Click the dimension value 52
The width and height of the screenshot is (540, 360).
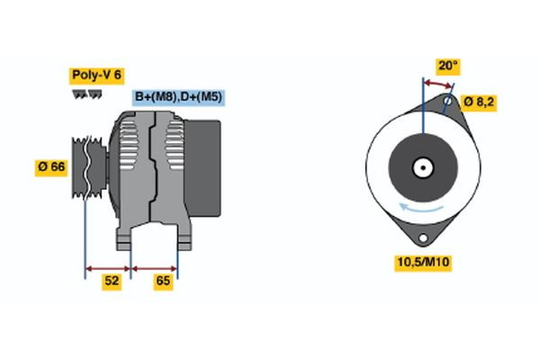[x=112, y=282]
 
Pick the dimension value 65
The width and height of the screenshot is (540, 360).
[x=163, y=282]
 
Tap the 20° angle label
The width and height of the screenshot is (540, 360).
[x=448, y=66]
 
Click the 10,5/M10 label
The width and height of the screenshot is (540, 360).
[x=422, y=263]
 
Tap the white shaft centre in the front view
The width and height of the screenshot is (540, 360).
[x=421, y=166]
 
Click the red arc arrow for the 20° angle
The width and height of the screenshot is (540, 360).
[x=437, y=84]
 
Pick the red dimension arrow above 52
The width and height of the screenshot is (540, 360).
[x=108, y=268]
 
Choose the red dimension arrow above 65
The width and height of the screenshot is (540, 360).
[x=155, y=268]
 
